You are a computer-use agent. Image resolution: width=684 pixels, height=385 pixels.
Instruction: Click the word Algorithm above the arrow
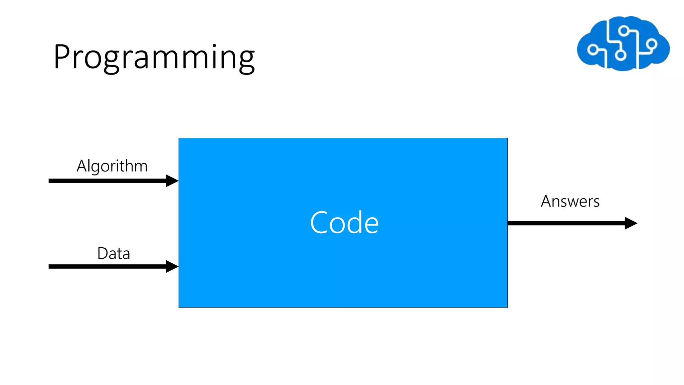point(112,166)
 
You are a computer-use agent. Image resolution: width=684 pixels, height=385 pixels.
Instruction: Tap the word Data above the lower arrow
point(114,253)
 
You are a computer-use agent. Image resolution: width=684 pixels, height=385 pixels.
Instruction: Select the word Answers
point(570,201)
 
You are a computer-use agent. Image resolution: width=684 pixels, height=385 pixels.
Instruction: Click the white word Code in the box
point(344,223)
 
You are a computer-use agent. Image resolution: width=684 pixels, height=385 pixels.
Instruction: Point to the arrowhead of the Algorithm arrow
point(172,181)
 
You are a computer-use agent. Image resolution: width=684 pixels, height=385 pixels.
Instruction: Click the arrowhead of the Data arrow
point(172,266)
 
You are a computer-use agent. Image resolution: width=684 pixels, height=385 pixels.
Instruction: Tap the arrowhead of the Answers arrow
point(631,223)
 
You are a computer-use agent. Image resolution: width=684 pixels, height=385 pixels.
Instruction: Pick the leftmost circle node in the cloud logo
point(592,50)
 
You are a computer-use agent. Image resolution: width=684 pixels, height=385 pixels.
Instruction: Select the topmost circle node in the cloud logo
point(623,31)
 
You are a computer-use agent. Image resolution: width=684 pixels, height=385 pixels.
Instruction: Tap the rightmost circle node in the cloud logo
point(651,44)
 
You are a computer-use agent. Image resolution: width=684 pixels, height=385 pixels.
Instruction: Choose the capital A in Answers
point(546,201)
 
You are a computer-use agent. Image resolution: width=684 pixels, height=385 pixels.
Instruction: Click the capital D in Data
point(103,253)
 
